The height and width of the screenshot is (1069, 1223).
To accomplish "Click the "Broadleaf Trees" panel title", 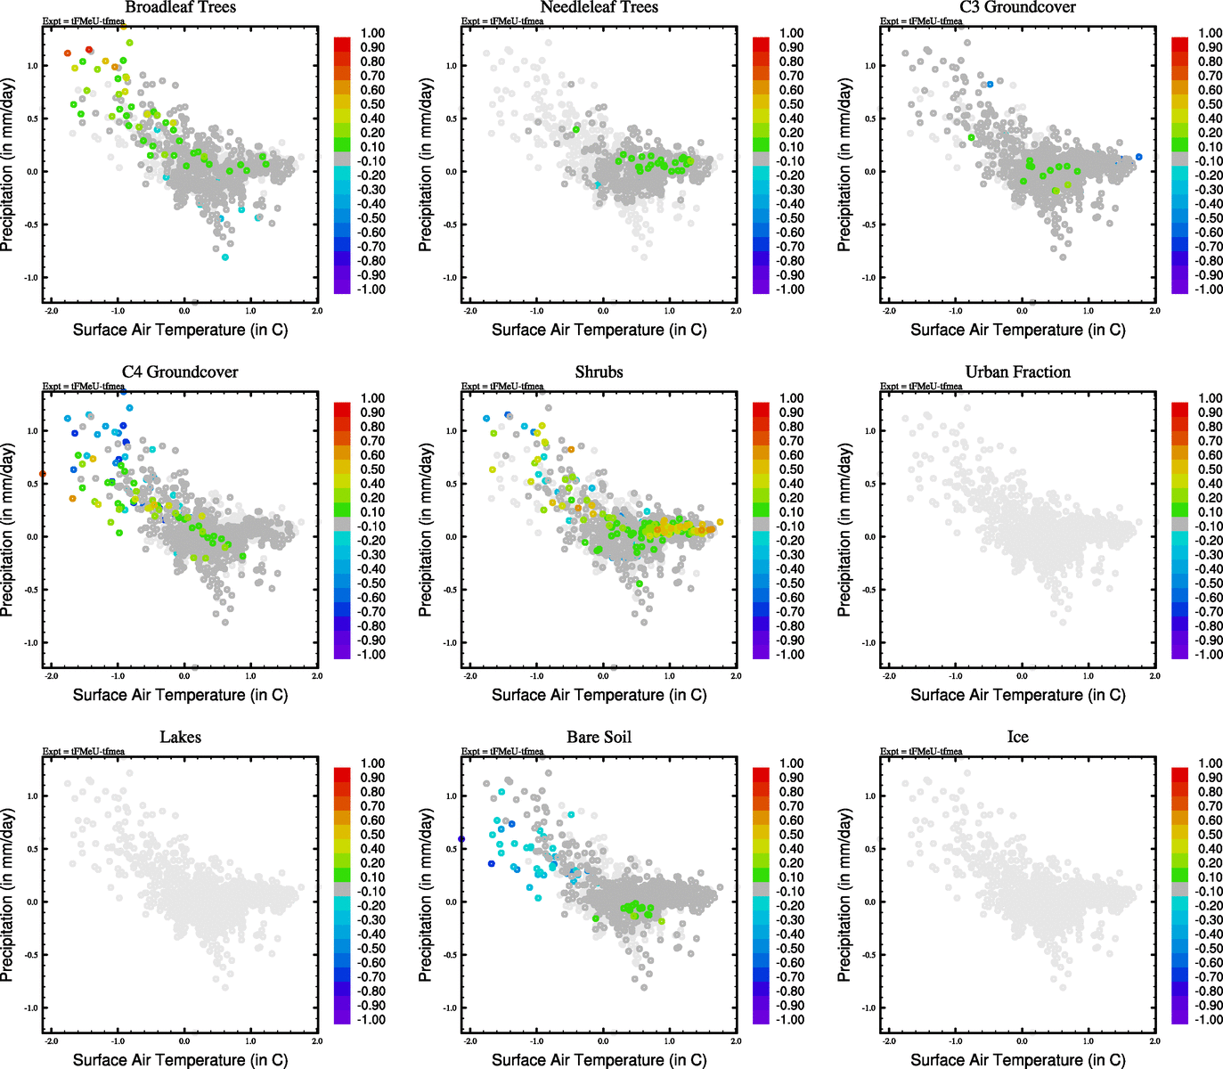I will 180,8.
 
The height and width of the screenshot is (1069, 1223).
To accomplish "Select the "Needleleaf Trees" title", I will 599,8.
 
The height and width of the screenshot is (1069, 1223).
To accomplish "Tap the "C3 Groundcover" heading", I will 1017,8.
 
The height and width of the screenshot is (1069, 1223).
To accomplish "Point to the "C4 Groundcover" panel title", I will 180,372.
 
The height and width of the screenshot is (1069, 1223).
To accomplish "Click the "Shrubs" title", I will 599,372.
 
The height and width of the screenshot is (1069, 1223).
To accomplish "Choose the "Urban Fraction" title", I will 1017,372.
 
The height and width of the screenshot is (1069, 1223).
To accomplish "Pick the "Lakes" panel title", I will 180,738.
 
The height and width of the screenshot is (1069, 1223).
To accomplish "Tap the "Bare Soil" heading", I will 599,738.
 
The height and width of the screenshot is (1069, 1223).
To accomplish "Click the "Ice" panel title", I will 1017,738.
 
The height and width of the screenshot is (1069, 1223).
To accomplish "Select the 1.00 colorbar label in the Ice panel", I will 1210,763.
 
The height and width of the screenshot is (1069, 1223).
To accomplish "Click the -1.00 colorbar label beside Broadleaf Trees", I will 371,290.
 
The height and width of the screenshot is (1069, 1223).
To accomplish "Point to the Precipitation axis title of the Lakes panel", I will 8,895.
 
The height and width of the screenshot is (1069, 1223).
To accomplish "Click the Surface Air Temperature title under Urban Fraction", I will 1017,695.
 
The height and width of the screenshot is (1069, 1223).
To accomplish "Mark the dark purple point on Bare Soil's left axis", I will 461,839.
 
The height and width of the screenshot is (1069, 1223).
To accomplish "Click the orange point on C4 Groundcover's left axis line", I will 43,474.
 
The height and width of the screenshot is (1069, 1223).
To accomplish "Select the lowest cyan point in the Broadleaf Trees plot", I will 225,257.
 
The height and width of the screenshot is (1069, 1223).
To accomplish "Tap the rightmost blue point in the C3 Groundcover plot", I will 1138,157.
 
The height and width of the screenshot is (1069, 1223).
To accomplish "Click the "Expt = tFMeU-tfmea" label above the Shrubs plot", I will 502,387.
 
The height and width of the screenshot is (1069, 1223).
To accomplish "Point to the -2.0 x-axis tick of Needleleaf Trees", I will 470,311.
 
